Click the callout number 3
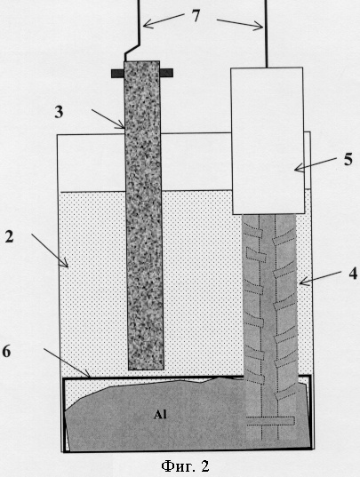[59, 112]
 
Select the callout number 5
[348, 159]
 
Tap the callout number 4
[353, 274]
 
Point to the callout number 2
[10, 236]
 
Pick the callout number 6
[6, 352]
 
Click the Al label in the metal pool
[160, 415]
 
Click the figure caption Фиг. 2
[185, 465]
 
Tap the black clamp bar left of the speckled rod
[117, 74]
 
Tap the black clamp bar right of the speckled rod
[166, 73]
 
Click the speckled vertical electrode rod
[144, 215]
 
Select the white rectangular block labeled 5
[268, 141]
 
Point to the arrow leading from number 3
[108, 119]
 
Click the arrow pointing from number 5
[316, 164]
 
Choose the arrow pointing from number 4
[320, 278]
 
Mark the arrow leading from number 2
[50, 250]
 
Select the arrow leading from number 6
[67, 363]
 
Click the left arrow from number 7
[164, 20]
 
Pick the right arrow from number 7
[240, 24]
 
